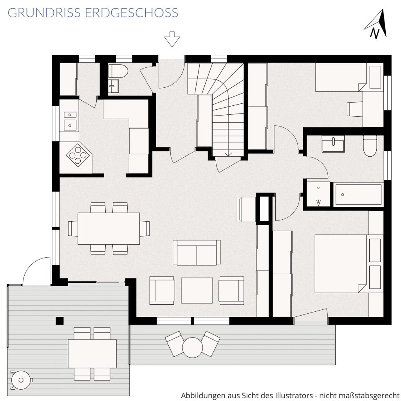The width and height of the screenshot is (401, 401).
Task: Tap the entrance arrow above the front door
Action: (x=172, y=39)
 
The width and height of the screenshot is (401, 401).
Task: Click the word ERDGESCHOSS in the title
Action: (x=132, y=13)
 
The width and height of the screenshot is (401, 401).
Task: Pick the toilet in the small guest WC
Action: (x=117, y=71)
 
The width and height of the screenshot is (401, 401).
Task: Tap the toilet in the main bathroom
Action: (x=370, y=146)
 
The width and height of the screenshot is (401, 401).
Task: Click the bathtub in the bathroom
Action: (x=358, y=194)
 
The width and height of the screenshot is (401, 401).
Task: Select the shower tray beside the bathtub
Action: (x=318, y=194)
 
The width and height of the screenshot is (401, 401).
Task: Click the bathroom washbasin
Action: (x=333, y=144)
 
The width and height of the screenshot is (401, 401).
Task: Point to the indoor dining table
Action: (x=109, y=228)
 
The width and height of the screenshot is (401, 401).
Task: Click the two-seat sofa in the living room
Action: (x=197, y=253)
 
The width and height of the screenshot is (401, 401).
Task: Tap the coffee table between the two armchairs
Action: (x=197, y=290)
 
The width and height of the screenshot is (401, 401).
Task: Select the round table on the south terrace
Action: (x=193, y=348)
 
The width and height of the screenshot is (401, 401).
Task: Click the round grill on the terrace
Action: (x=21, y=380)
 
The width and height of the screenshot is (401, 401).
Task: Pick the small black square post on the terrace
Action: (x=60, y=321)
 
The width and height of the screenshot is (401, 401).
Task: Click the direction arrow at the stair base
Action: (x=228, y=154)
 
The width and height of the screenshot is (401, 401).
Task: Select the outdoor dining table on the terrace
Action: (x=92, y=354)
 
